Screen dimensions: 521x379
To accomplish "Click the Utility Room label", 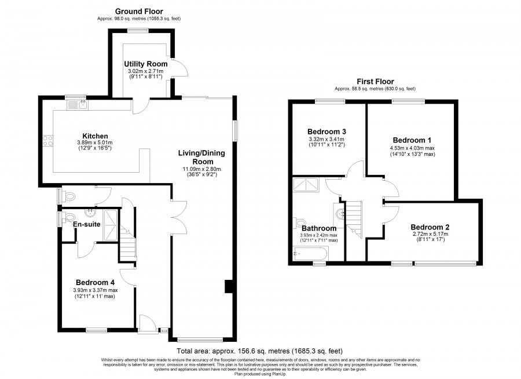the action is pos(145,64).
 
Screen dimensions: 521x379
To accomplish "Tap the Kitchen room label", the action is pos(95,136).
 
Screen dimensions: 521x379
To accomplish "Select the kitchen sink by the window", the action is pos(78,105).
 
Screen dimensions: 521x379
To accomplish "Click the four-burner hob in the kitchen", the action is pos(48,141).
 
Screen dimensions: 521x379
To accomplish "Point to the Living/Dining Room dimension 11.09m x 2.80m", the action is pos(201,169).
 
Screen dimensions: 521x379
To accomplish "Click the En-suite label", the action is pos(87,224).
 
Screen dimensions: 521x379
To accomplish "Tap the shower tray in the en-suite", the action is pos(111,225).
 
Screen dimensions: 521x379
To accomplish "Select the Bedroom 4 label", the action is pos(95,282).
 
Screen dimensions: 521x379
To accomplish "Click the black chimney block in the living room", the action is pos(229,286).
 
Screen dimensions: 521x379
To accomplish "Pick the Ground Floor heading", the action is pos(139,12).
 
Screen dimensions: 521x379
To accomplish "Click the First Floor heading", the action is pos(375,82).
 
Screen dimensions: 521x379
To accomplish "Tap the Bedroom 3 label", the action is pos(326,132).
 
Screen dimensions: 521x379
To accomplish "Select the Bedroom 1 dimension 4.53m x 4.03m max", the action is pos(412,148).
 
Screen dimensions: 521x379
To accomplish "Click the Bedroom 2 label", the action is pos(430,227).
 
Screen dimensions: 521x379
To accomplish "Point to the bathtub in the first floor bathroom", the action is pos(310,254).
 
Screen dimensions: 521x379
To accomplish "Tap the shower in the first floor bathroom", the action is pos(306,185).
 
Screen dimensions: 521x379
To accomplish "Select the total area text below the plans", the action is pos(259,351).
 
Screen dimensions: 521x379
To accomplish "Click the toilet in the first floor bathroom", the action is pos(299,223).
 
